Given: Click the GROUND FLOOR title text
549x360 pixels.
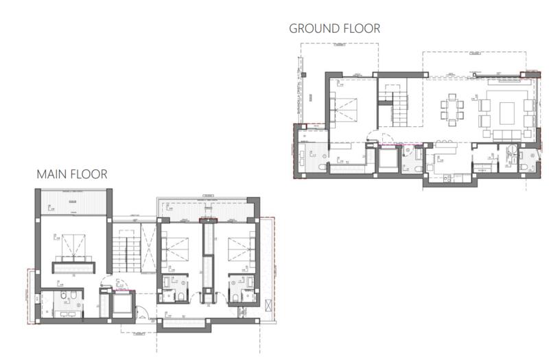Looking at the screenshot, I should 334,28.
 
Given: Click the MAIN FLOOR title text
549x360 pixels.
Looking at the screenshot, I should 72,174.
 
